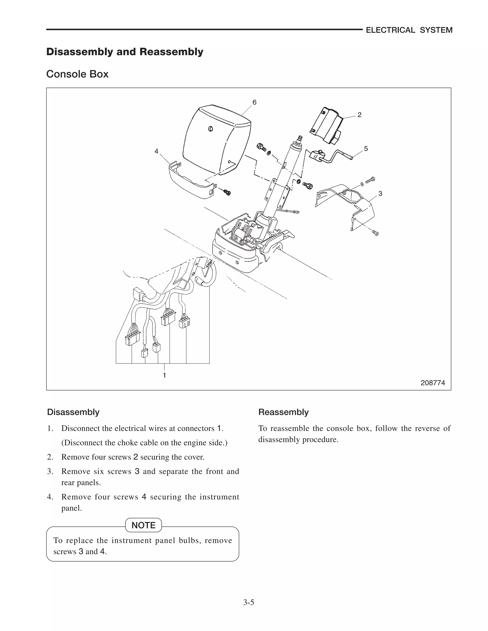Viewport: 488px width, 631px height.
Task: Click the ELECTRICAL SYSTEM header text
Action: (409, 30)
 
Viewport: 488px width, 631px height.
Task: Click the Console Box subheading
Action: (77, 74)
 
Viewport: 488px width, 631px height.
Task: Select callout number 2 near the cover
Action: (359, 115)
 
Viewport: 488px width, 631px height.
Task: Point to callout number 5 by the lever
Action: (366, 149)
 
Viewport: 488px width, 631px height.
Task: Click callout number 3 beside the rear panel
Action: (380, 194)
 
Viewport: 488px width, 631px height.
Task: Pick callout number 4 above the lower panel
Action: (156, 151)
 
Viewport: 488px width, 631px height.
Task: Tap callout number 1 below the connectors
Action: (164, 375)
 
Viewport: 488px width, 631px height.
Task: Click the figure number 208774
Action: (433, 383)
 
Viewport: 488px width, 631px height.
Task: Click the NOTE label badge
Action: (143, 525)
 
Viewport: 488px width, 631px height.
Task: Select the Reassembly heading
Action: (283, 412)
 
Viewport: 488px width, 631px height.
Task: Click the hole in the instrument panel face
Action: (210, 129)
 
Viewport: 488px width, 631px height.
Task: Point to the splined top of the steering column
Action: (300, 138)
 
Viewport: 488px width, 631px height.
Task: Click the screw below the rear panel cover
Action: (375, 233)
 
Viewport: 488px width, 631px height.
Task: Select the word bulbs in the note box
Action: (189, 540)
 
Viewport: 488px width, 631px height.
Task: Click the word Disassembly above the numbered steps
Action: (73, 412)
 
